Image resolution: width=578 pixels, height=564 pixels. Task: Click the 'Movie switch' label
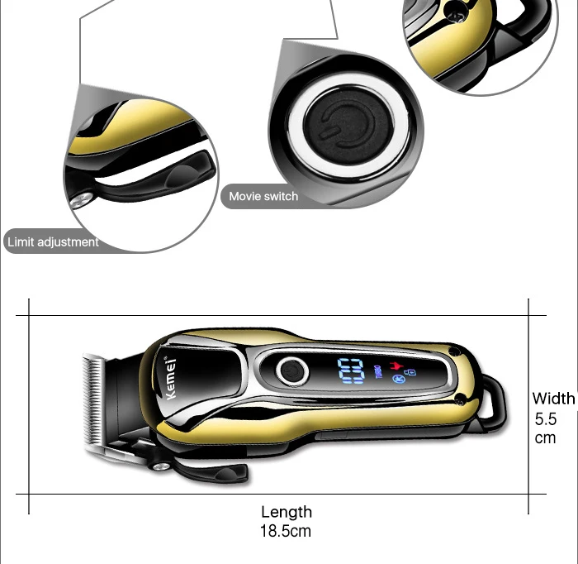point(263,196)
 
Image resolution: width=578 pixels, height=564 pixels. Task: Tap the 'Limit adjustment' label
point(53,242)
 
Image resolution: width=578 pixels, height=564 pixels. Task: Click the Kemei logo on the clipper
point(170,378)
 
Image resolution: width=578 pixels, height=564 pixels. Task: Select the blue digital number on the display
point(351,370)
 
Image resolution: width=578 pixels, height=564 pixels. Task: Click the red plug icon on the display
point(396,366)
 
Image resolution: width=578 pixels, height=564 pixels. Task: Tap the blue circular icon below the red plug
point(398,379)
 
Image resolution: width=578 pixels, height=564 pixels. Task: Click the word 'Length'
point(287,513)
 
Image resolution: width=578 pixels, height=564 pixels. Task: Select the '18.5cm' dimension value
point(286,531)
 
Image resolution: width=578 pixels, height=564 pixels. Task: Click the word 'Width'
point(554,399)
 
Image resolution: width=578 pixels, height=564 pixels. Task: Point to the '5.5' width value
point(546,419)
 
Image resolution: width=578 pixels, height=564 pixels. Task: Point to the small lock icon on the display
point(412,372)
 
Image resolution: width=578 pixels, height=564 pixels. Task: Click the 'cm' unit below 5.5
point(545,438)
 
